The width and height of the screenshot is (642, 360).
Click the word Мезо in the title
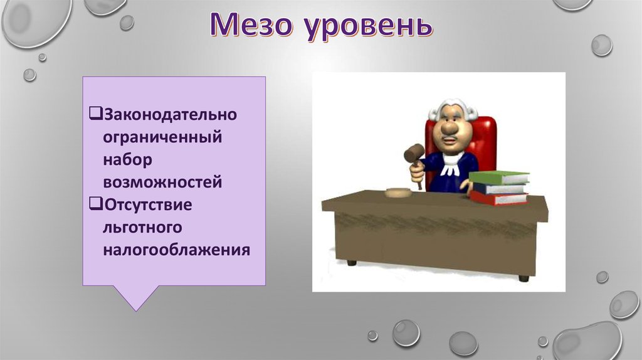click(x=251, y=24)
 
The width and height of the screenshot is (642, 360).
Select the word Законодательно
click(x=171, y=114)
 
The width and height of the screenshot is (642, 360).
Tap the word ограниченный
click(x=162, y=137)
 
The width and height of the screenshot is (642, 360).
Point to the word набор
click(x=127, y=159)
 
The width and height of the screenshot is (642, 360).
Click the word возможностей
click(x=162, y=182)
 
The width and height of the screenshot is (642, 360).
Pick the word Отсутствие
click(x=148, y=204)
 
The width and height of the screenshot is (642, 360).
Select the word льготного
click(x=142, y=227)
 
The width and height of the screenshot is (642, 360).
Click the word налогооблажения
click(x=176, y=250)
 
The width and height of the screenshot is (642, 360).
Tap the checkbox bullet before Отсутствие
click(x=95, y=204)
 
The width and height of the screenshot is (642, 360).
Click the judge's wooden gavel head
click(x=414, y=153)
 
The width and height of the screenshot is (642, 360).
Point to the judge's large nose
click(x=450, y=128)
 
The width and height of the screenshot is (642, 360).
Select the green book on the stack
click(x=498, y=177)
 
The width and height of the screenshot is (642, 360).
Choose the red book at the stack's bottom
click(x=498, y=198)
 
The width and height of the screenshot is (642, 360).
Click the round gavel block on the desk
click(x=399, y=192)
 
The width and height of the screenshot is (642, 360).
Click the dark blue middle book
click(x=498, y=188)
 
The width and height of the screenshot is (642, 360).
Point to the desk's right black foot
click(x=524, y=278)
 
